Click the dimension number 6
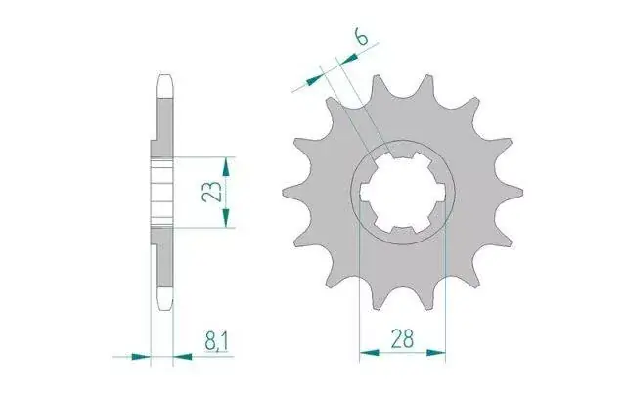(361, 38)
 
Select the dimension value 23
(211, 191)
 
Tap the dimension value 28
(402, 339)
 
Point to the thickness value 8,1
(216, 343)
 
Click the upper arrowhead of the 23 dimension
(226, 167)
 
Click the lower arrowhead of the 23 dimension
(226, 218)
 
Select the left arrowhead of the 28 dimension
(370, 353)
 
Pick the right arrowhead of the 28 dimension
(435, 353)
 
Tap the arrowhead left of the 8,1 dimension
(141, 357)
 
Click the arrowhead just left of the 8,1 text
(183, 357)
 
